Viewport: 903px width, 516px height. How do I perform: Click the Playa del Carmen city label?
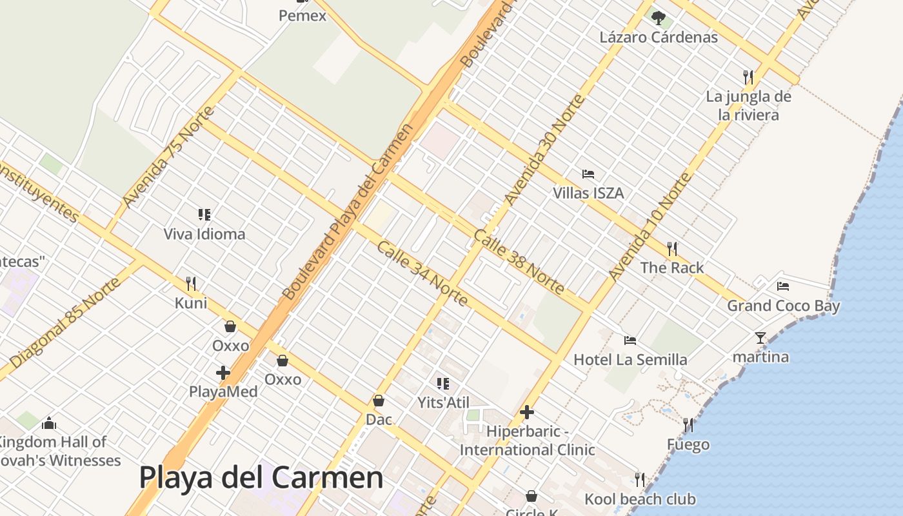click(x=261, y=478)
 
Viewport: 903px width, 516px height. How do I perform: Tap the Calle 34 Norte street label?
click(x=422, y=273)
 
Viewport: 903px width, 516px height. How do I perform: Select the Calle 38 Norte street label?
click(x=519, y=261)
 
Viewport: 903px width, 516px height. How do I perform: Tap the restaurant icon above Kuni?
click(x=191, y=284)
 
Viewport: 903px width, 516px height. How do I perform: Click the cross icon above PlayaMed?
click(x=223, y=373)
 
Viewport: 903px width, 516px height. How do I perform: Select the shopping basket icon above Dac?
click(x=379, y=401)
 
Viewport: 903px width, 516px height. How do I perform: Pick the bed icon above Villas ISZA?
click(x=588, y=174)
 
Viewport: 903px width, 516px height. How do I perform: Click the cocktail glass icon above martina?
click(x=760, y=337)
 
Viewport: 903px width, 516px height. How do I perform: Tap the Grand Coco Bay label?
click(x=784, y=305)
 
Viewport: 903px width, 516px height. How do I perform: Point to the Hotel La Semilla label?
click(x=630, y=359)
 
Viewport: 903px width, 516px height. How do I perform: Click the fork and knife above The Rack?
click(x=672, y=248)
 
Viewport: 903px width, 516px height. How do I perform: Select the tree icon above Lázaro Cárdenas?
click(x=658, y=17)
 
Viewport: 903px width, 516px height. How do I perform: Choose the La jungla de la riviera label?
click(x=749, y=106)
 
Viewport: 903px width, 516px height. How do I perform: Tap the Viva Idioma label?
click(x=204, y=233)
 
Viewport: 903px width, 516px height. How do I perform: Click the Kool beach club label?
click(x=640, y=499)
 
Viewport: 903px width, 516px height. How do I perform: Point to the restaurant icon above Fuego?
click(x=688, y=425)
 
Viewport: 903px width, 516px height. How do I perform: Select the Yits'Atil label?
click(x=442, y=402)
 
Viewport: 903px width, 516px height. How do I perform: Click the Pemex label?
click(x=303, y=15)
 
